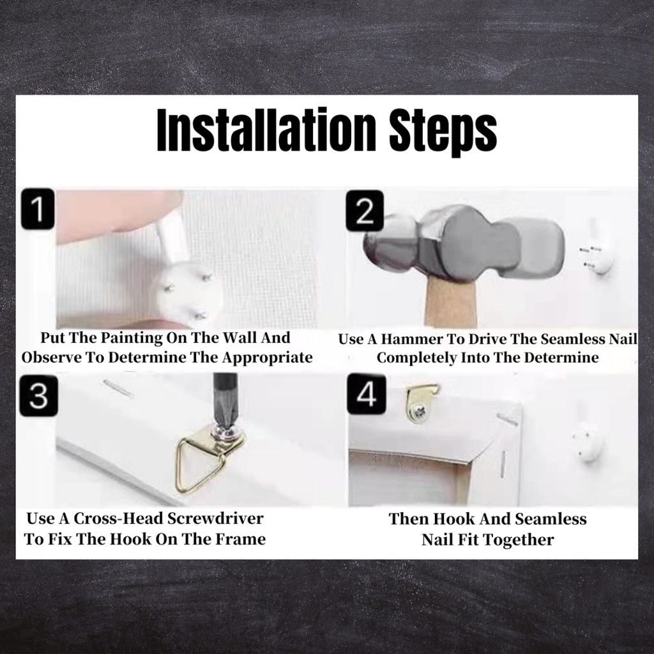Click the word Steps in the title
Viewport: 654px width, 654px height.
443,132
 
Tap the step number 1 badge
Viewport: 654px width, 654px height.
38,209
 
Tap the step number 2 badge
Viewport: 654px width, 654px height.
365,211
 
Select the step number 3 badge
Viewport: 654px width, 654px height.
39,395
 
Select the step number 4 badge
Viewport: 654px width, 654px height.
367,394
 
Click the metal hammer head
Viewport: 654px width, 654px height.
464,246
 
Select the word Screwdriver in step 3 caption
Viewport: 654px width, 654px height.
215,519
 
